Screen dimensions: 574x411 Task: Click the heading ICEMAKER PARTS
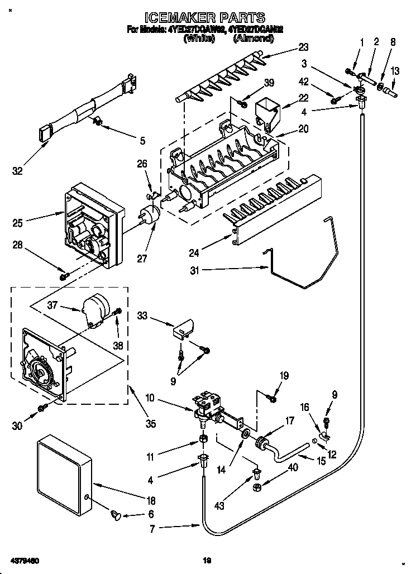[x=205, y=18]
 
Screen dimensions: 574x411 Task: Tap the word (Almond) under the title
[x=252, y=39]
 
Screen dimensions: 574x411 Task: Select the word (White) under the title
[x=199, y=39]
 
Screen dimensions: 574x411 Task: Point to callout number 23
[x=303, y=47]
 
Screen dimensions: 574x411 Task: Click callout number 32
[x=18, y=171]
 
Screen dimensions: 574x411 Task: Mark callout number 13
[x=395, y=71]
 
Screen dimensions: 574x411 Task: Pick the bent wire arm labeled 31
[x=304, y=262]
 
